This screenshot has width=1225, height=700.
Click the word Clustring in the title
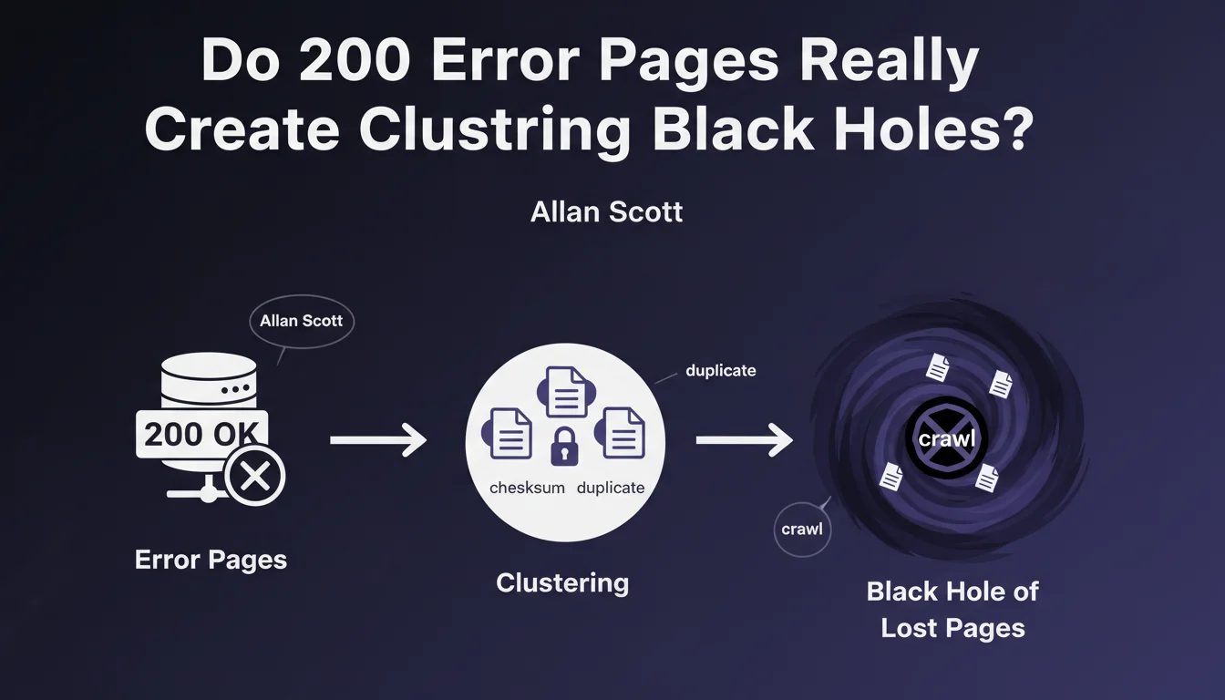[x=494, y=129]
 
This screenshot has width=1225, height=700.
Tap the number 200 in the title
[x=355, y=59]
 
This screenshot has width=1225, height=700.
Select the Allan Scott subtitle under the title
[x=606, y=212]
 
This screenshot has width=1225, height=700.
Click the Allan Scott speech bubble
[x=302, y=321]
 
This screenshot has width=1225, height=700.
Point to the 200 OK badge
[x=201, y=434]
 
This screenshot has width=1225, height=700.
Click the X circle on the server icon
[x=255, y=475]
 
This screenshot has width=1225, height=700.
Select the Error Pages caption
[x=211, y=560]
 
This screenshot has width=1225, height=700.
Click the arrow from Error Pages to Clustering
[x=378, y=439]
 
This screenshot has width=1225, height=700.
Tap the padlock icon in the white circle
[x=564, y=447]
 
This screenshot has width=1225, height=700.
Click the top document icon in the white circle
[x=566, y=392]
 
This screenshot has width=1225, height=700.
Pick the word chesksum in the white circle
[x=527, y=488]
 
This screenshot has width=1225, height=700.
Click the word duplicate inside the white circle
[x=611, y=488]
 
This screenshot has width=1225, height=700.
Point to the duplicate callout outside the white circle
[x=721, y=371]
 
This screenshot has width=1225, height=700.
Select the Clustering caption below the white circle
[x=562, y=583]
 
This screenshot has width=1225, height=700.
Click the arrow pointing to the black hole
[x=744, y=439]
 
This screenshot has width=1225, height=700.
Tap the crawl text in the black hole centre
[x=947, y=439]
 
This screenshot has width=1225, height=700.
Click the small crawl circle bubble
[x=802, y=530]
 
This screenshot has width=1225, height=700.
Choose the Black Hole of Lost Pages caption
[x=952, y=609]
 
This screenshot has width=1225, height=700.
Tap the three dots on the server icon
[x=236, y=389]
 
